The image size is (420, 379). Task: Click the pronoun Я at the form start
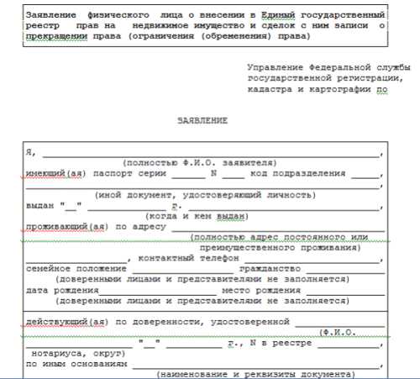pyautogui.click(x=29, y=152)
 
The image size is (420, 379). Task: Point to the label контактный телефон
pyautogui.click(x=182, y=258)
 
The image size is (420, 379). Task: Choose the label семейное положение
pyautogui.click(x=67, y=268)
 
